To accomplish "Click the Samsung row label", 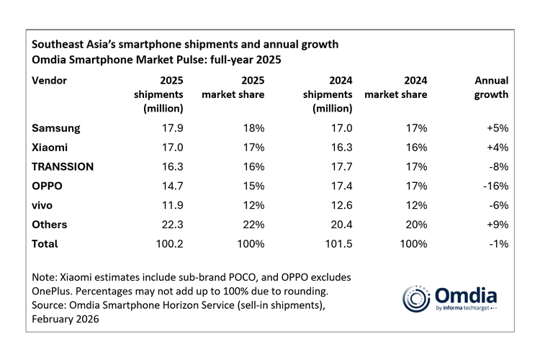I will [x=56, y=128].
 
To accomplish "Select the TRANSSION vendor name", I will [x=63, y=166].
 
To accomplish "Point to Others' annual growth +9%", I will [x=496, y=225].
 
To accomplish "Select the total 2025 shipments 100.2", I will [x=167, y=244].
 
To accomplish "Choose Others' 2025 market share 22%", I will [x=253, y=225].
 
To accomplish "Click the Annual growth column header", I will [x=491, y=87].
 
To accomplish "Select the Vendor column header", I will [x=50, y=80].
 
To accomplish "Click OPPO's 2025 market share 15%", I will [x=253, y=186].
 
